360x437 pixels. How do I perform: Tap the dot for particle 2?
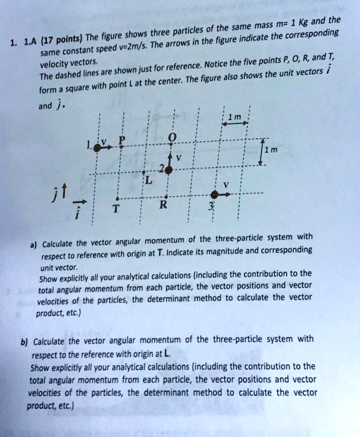(x=169, y=169)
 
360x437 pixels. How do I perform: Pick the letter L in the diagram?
(x=148, y=180)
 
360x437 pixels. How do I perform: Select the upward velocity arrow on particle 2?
(x=169, y=155)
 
